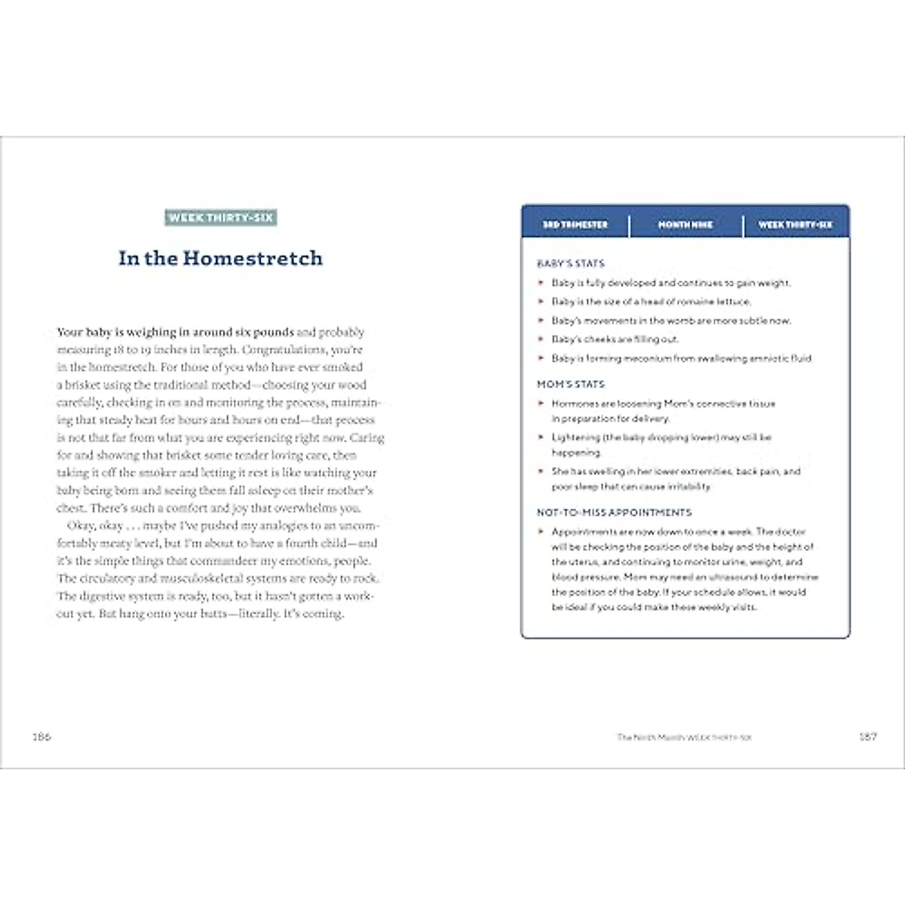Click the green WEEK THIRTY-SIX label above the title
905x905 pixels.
[221, 218]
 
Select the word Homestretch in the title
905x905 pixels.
[253, 259]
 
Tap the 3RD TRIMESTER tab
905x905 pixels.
[575, 225]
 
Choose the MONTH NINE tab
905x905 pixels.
[686, 225]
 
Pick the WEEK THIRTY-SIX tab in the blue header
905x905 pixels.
[796, 225]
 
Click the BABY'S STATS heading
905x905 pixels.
[571, 263]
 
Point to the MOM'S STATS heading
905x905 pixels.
[571, 384]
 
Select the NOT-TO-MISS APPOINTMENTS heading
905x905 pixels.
[614, 512]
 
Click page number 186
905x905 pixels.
[41, 736]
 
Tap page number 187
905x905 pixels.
[868, 736]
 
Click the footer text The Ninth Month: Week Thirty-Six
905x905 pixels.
[684, 737]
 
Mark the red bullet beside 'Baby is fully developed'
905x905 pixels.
[541, 283]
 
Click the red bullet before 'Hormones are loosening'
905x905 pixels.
[541, 403]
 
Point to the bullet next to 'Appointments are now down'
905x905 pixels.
[541, 532]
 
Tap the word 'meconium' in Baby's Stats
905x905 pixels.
[640, 358]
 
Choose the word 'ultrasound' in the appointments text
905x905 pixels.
[736, 577]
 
